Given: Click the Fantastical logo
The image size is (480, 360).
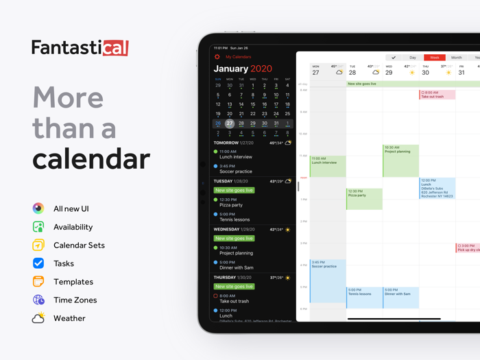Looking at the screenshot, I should (x=80, y=47).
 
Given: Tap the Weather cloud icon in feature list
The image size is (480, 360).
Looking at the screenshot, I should (x=38, y=318).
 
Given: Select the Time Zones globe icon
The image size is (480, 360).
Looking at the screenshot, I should (x=38, y=300).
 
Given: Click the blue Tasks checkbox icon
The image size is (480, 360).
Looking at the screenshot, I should (x=38, y=263).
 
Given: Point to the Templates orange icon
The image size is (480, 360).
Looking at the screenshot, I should (x=38, y=281).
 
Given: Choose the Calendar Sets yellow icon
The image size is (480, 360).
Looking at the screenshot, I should (x=38, y=245).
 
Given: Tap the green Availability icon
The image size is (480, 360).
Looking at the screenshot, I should (x=38, y=227).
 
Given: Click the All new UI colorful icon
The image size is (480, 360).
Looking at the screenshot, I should (x=38, y=208).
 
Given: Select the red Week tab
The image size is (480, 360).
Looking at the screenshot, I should (x=434, y=58).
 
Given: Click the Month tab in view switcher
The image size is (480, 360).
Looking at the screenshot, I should (x=456, y=58).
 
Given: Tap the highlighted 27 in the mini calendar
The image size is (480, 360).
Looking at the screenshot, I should (x=230, y=124).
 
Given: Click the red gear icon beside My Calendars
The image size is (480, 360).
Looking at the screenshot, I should (x=217, y=57).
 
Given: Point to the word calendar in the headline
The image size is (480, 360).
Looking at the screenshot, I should (x=91, y=158).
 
